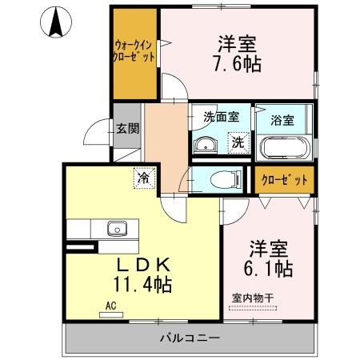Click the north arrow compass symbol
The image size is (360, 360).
coord(56,22)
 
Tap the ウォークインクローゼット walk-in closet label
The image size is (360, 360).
coord(134,54)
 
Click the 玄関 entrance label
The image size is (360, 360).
coord(126,128)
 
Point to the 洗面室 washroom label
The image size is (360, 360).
coord(220,117)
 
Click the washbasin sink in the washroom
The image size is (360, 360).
coord(206,144)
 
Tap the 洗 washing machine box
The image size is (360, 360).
coord(238,143)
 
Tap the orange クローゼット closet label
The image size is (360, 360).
coord(285,180)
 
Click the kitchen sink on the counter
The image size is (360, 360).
coord(118,229)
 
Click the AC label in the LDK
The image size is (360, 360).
coord(110,305)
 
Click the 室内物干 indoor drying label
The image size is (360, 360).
coord(253,298)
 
